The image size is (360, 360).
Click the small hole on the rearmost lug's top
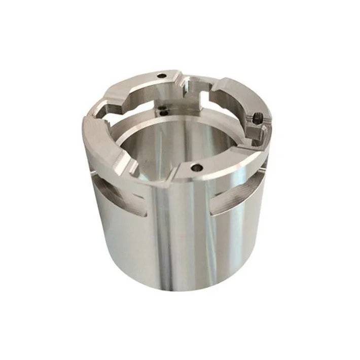click(x=162, y=76)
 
